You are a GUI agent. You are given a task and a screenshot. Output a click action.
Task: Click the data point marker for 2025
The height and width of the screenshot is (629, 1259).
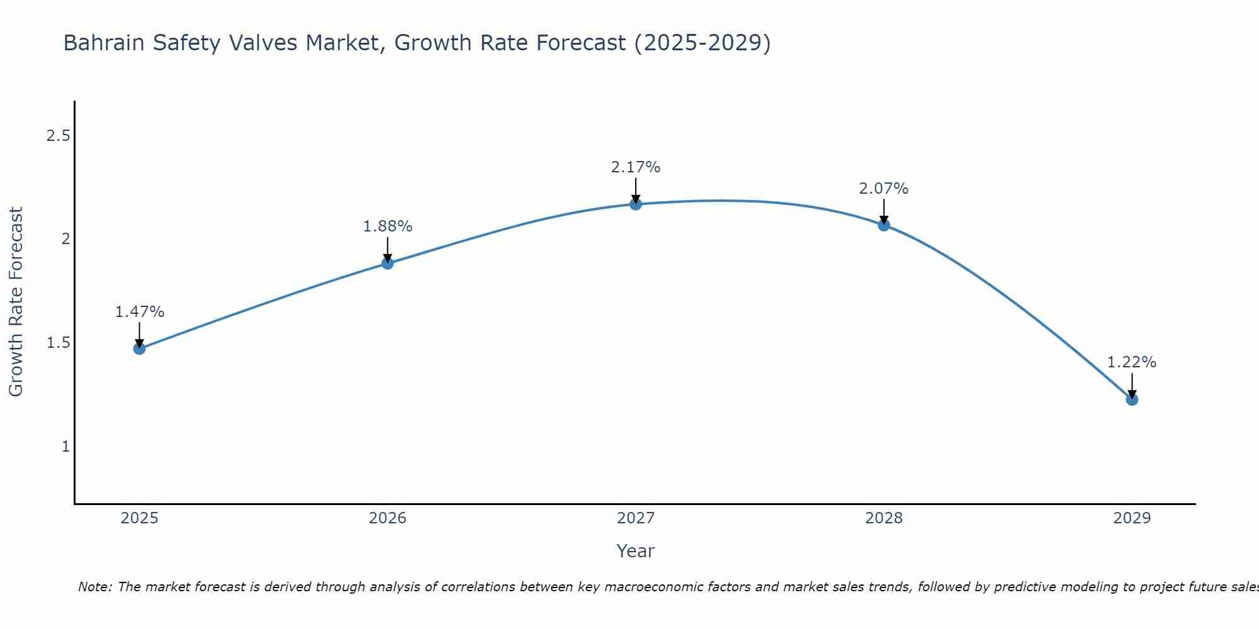coord(140,348)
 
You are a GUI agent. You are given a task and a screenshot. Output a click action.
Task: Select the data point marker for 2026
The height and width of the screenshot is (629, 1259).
coord(388,263)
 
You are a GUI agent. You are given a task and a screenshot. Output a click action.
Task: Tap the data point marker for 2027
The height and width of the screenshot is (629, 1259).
coord(636,204)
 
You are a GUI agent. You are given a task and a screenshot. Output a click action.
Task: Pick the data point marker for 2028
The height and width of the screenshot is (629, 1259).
coord(884,225)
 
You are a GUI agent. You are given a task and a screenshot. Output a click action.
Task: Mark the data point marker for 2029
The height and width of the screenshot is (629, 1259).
coord(1132,399)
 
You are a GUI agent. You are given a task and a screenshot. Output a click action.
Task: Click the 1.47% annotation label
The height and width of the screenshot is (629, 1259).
coord(140,312)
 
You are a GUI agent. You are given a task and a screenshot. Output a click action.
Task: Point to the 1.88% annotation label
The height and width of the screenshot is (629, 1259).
coord(388,226)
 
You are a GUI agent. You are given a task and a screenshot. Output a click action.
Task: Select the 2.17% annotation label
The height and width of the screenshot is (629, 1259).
coord(636,167)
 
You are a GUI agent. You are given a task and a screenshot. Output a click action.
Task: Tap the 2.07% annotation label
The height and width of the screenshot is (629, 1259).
coord(884,189)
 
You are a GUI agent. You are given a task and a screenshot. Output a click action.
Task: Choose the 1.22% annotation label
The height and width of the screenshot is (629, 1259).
coord(1132,362)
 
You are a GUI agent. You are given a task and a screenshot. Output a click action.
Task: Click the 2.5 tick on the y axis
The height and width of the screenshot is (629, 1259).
coord(58,135)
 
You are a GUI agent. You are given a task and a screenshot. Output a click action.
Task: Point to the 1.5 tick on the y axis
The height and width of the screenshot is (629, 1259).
coord(58,343)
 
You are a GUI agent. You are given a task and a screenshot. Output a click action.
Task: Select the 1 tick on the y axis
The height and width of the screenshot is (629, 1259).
coord(65,447)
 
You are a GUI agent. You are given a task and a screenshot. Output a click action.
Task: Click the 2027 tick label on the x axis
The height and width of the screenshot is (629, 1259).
coord(636,518)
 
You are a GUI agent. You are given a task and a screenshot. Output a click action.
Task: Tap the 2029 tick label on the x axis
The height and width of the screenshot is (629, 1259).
coord(1132,518)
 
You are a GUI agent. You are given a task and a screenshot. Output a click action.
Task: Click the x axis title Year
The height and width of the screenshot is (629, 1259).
coord(636,551)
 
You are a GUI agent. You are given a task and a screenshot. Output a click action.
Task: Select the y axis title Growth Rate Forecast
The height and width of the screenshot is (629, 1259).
coord(16,302)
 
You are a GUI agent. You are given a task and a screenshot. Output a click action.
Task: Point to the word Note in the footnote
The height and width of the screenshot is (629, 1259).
coord(94,587)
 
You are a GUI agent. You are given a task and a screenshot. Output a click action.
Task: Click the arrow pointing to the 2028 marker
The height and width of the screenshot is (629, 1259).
coord(884,211)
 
